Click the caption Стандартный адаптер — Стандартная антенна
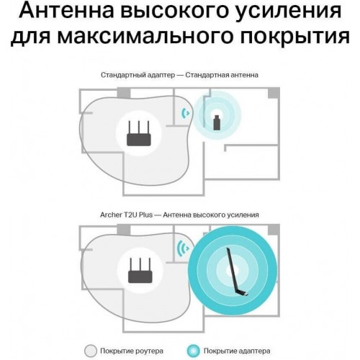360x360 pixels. [179, 74]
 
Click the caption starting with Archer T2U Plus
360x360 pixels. [179, 215]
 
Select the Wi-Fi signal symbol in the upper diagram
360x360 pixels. [186, 112]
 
